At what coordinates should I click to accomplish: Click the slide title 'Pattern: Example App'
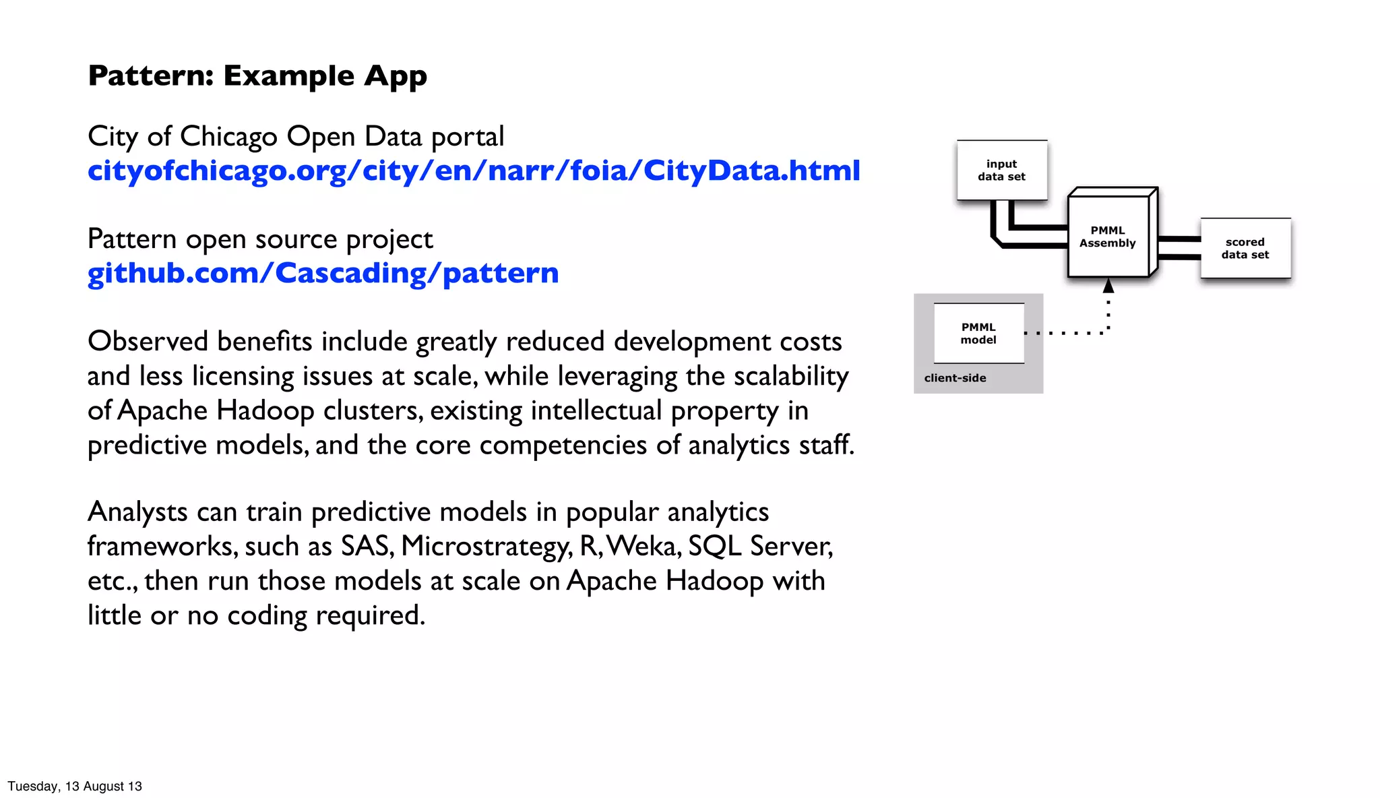click(x=257, y=75)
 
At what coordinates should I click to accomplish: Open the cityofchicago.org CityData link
click(x=474, y=171)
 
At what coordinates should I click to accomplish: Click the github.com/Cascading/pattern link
click(x=323, y=273)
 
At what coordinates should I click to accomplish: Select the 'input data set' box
click(x=1001, y=170)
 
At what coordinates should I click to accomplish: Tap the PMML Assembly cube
click(x=1108, y=237)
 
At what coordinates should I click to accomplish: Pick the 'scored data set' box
click(x=1245, y=248)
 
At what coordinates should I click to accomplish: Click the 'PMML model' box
click(x=978, y=333)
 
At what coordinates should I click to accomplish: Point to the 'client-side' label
click(x=955, y=378)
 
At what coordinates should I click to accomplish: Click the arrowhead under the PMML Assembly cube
click(x=1108, y=286)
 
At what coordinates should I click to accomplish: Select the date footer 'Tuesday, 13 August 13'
click(x=75, y=786)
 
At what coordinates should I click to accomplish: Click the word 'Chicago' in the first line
click(x=229, y=137)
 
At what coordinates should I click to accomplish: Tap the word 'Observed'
click(x=148, y=341)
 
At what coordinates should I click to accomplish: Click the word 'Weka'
click(x=644, y=547)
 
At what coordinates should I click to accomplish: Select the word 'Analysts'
click(x=137, y=512)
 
